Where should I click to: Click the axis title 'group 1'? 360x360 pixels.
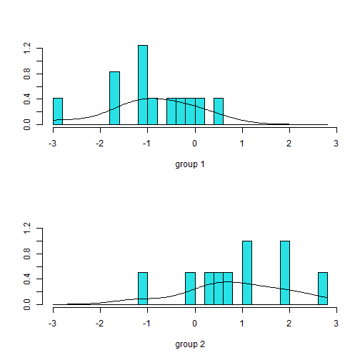190,164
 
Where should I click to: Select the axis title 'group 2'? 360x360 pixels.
190,344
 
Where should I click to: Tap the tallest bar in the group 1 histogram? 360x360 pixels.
143,85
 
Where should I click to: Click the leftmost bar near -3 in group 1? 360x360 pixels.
58,111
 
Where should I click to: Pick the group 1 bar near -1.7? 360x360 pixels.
114,98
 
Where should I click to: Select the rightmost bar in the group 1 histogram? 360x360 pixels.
219,111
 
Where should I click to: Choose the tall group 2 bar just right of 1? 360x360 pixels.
247,273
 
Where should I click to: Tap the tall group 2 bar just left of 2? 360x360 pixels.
285,273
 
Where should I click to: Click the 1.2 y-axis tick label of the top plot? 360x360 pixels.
28,49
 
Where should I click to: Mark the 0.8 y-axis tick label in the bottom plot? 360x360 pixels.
28,254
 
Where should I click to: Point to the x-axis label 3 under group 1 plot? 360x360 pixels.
336,141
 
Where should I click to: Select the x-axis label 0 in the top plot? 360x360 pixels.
194,141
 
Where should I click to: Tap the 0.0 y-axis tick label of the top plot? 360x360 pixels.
28,125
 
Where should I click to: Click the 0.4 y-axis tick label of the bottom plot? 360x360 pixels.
28,279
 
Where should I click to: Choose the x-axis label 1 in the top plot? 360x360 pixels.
242,141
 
